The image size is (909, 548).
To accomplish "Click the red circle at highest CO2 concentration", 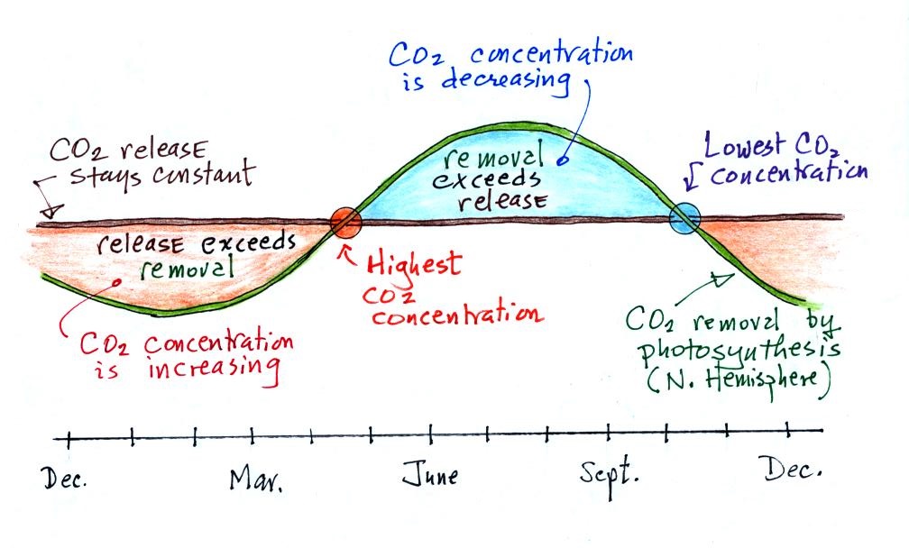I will pos(345,222).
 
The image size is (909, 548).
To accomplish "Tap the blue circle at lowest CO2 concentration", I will pos(684,219).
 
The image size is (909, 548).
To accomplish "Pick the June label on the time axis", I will pos(430,475).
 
